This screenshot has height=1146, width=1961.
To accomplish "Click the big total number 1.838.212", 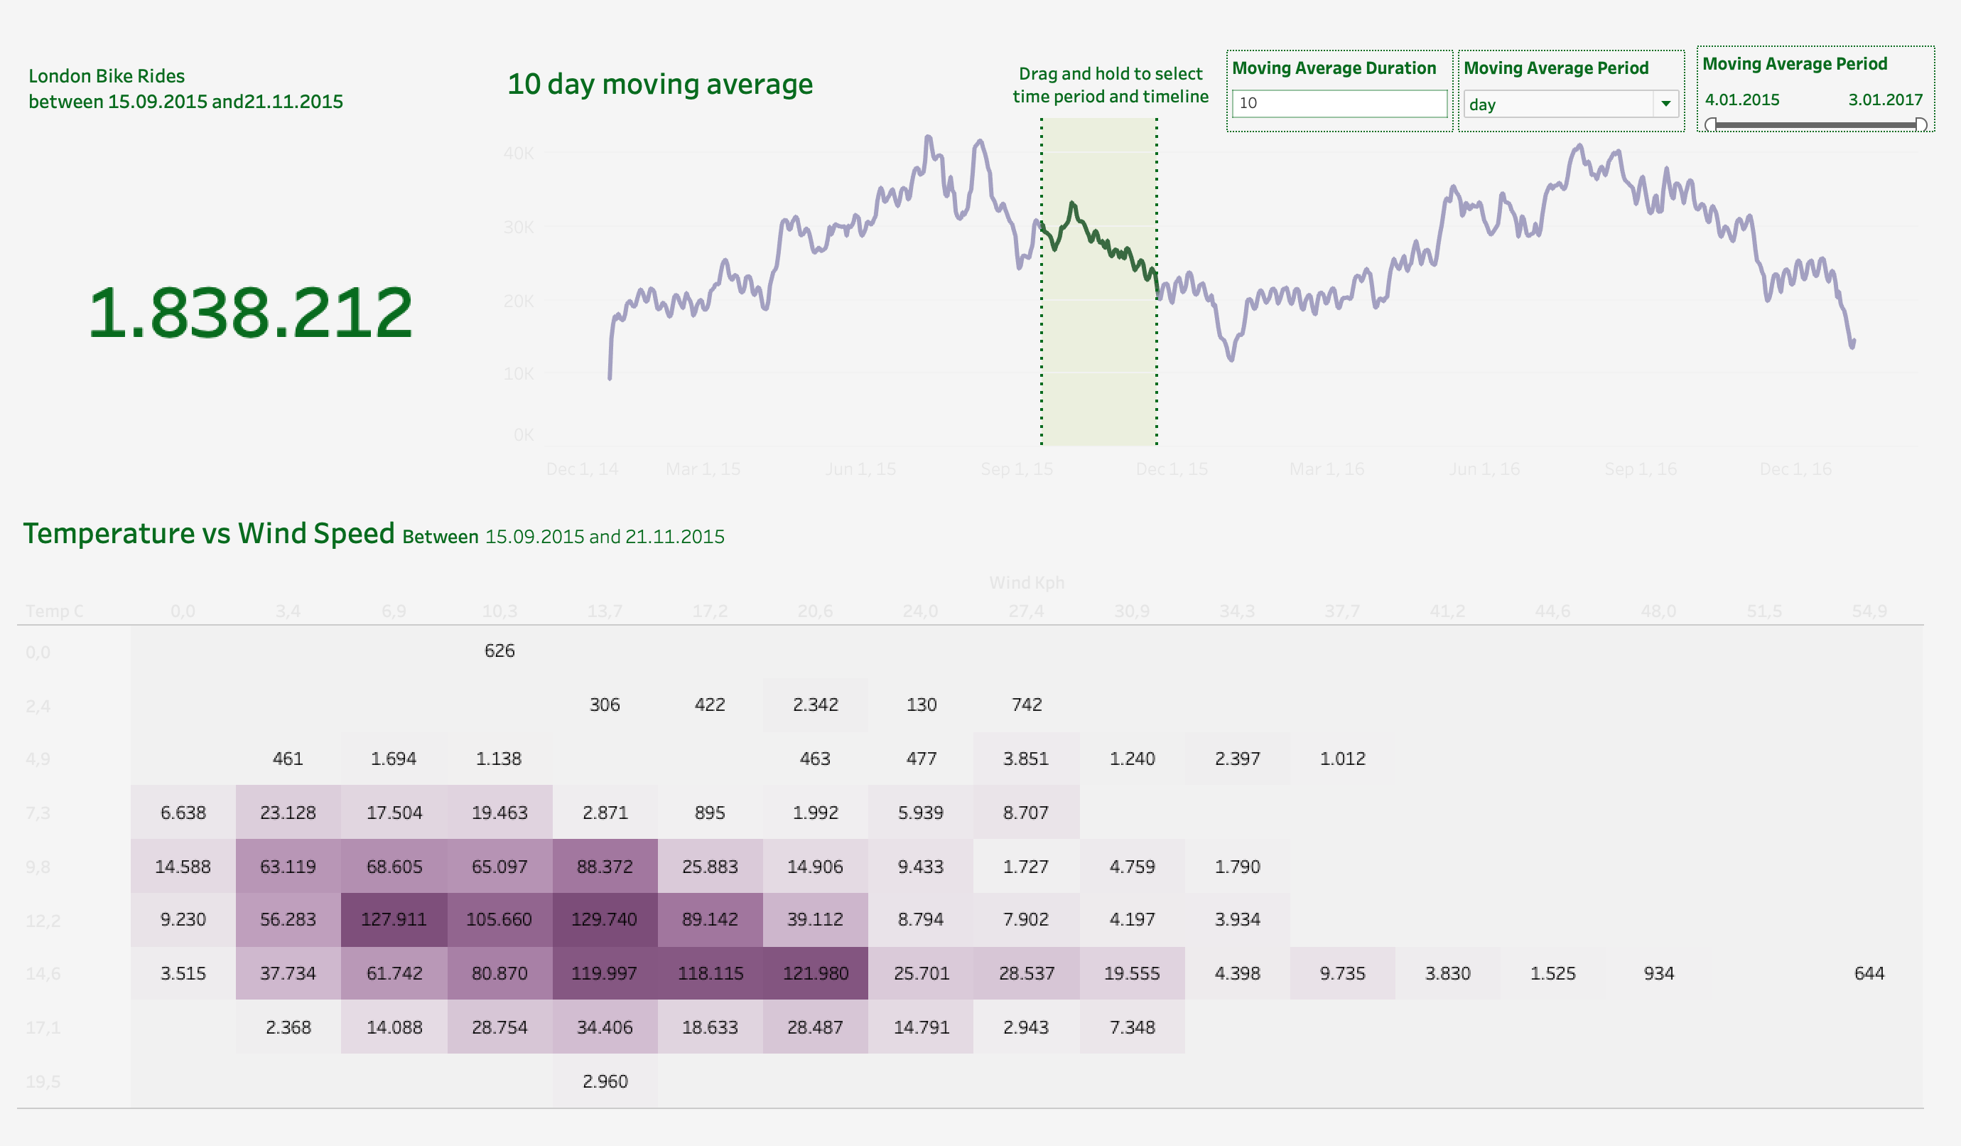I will pyautogui.click(x=250, y=313).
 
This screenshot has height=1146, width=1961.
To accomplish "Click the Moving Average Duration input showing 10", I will pyautogui.click(x=1339, y=104).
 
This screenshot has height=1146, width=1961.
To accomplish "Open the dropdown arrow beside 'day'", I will pyautogui.click(x=1665, y=104).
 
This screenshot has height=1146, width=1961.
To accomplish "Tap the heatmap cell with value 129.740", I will pyautogui.click(x=605, y=919).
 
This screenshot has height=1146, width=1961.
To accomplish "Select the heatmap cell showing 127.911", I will pyautogui.click(x=394, y=919).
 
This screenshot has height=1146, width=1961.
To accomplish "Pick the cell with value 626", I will pyautogui.click(x=499, y=651).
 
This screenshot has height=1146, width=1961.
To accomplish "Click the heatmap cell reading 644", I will pyautogui.click(x=1869, y=973).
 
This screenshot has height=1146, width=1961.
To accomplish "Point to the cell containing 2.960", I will pyautogui.click(x=605, y=1081).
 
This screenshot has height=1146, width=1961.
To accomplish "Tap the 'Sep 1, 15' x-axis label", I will pyautogui.click(x=1016, y=469).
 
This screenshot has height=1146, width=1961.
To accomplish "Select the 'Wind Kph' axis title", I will pyautogui.click(x=1027, y=582).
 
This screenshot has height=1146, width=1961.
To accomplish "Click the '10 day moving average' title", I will pyautogui.click(x=660, y=84).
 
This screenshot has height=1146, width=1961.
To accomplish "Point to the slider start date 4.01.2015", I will pyautogui.click(x=1742, y=100).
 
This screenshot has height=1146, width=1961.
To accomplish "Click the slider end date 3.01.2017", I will pyautogui.click(x=1886, y=100).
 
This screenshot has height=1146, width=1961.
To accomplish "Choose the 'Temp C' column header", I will pyautogui.click(x=55, y=611).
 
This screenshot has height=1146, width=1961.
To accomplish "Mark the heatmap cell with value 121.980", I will pyautogui.click(x=815, y=973).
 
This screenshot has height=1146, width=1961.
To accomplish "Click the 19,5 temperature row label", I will pyautogui.click(x=43, y=1081).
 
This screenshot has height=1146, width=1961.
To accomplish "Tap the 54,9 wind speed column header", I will pyautogui.click(x=1869, y=611).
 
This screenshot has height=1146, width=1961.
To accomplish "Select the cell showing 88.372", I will pyautogui.click(x=605, y=867).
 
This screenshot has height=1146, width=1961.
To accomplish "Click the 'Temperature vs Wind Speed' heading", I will pyautogui.click(x=209, y=533).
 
